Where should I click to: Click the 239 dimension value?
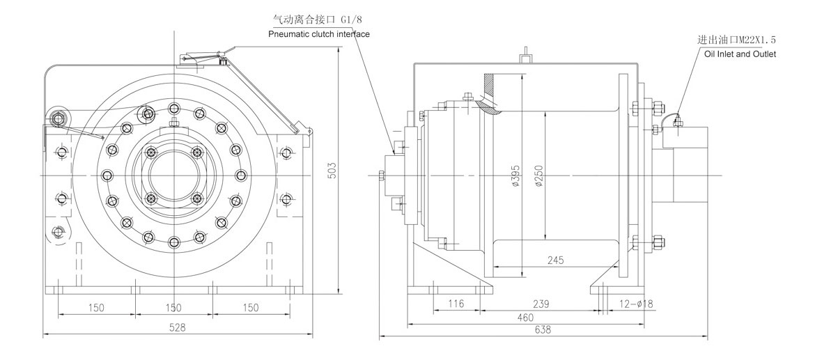(x=541, y=304)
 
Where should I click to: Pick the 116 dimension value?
(x=456, y=304)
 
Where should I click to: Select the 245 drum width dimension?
(x=555, y=260)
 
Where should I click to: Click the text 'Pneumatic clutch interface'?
(x=319, y=34)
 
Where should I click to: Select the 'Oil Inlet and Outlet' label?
(x=740, y=54)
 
